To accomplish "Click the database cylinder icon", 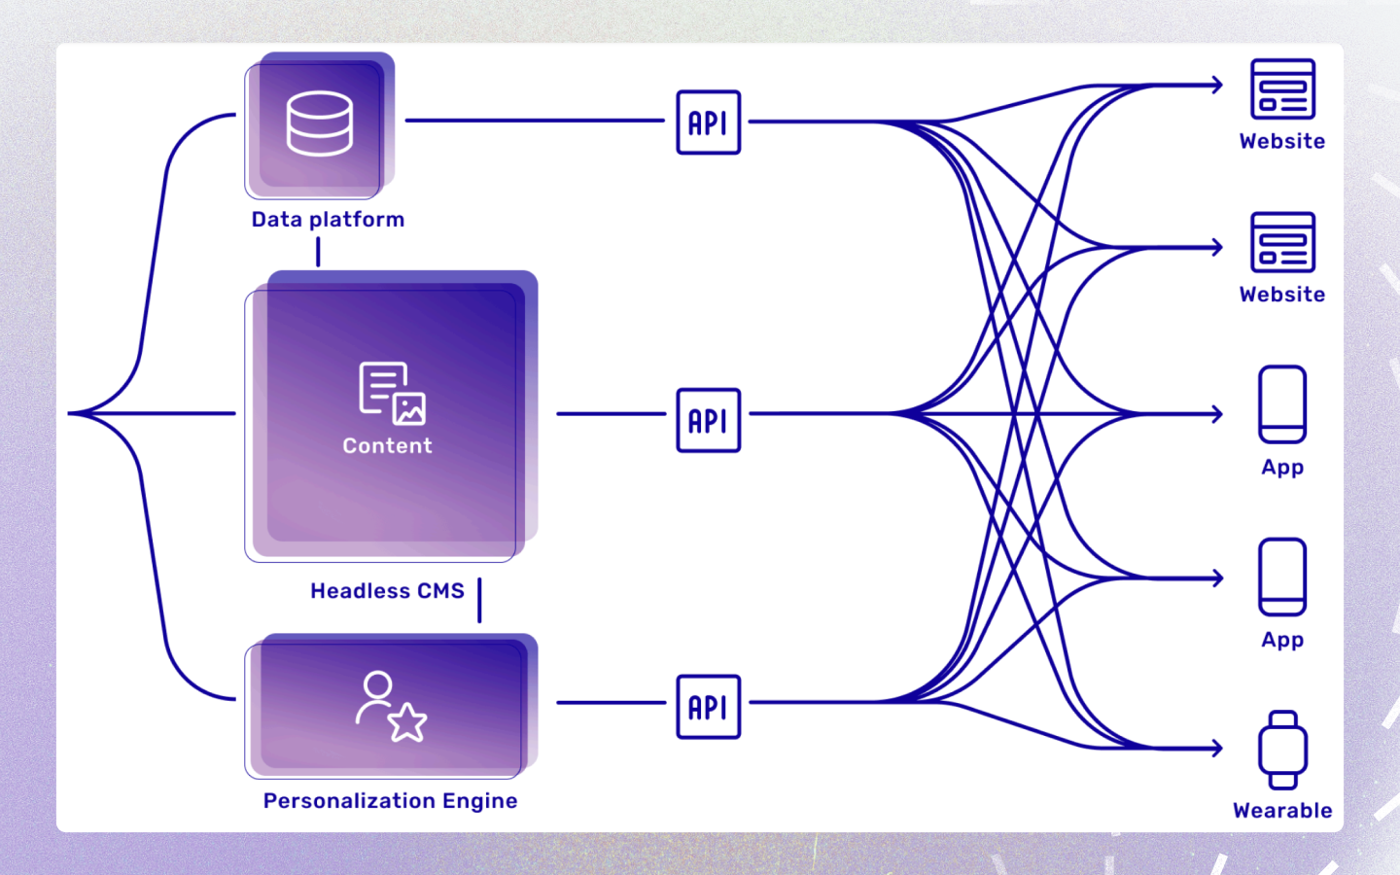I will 319,123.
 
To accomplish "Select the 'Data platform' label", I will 328,220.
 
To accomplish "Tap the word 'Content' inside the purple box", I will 387,446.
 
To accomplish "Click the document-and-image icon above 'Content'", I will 392,394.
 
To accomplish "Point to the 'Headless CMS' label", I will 387,591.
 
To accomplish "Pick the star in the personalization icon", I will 407,722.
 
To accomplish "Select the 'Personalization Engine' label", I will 390,801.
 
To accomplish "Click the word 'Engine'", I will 479,801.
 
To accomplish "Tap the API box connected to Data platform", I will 708,122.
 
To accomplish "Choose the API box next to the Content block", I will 708,420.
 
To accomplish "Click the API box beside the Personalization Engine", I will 708,707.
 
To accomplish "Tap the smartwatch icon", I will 1282,750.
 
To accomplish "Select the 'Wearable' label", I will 1282,811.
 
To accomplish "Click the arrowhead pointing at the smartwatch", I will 1217,748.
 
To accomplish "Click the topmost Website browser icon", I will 1282,89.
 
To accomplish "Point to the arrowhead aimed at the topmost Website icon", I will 1217,85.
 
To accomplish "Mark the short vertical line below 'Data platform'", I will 318,252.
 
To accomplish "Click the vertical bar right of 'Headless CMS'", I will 479,600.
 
